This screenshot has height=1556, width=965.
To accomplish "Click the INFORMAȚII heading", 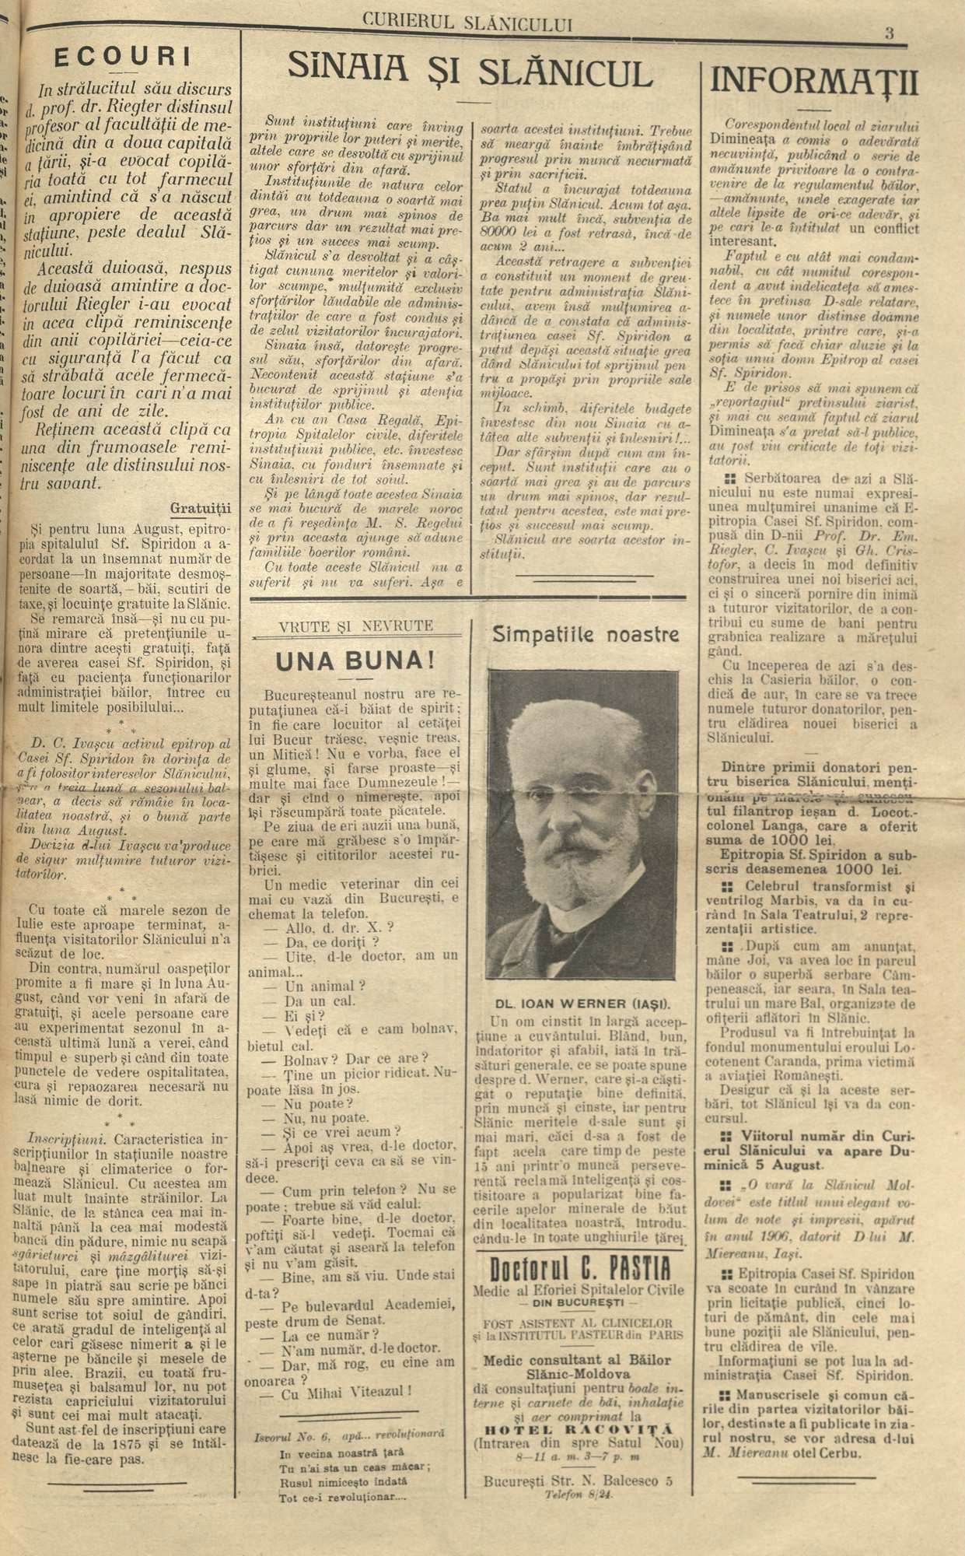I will coord(813,81).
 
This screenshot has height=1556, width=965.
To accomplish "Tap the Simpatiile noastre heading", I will coord(586,636).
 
